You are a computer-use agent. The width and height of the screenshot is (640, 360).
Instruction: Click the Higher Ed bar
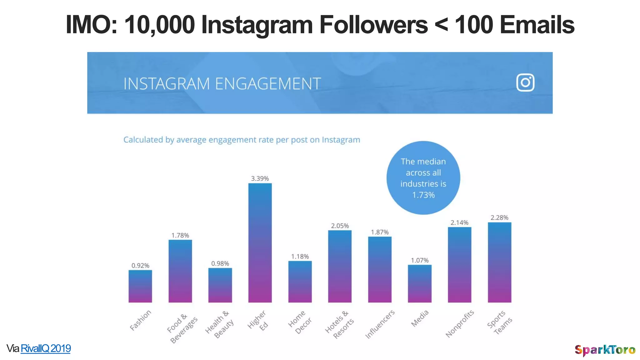(260, 243)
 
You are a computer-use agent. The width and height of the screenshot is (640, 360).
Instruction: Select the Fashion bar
(140, 286)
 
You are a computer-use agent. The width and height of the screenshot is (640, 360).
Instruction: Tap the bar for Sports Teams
(499, 262)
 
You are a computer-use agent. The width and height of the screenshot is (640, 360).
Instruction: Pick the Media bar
(420, 283)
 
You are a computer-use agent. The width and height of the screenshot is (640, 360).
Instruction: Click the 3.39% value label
(260, 178)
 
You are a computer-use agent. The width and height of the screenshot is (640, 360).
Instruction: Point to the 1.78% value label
(180, 235)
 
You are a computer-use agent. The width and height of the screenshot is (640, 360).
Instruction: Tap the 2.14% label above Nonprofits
(459, 222)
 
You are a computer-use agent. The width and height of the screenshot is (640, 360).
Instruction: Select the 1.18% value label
(300, 257)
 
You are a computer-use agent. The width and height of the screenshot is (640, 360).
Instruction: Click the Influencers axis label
(380, 324)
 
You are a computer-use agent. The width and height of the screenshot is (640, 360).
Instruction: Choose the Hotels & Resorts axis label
(340, 324)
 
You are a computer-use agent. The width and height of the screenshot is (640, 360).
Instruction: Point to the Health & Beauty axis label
(220, 324)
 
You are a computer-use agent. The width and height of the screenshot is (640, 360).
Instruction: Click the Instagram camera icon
(525, 82)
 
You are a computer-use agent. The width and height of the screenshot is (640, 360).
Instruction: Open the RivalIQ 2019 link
(46, 348)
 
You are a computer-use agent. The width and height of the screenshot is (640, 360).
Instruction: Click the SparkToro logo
(605, 350)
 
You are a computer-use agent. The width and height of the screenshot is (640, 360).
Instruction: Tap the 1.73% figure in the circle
(423, 195)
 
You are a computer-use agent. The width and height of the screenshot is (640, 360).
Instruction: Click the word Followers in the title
(373, 25)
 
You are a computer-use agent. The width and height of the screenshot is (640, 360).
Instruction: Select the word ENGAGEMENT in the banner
(268, 84)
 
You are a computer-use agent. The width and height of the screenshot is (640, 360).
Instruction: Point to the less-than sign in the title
(441, 25)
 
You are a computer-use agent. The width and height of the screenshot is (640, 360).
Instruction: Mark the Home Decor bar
(300, 282)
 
